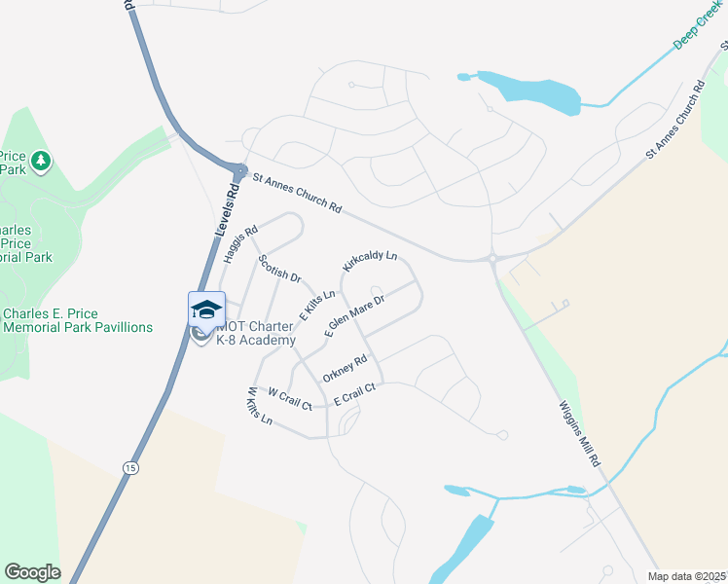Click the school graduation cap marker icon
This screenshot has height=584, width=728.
[206, 310]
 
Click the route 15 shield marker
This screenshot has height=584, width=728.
[130, 468]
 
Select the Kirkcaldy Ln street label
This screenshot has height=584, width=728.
[370, 261]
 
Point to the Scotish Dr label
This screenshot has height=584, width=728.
[280, 269]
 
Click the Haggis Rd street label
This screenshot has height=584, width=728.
[239, 244]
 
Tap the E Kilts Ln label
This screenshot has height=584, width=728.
[317, 305]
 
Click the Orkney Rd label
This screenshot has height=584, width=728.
[346, 368]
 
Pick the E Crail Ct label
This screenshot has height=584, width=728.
[354, 394]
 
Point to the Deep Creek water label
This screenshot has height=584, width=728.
[700, 31]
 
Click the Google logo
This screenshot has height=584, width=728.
[32, 572]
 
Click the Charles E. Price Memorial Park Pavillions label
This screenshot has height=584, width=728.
[78, 320]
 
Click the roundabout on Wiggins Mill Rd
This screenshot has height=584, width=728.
[492, 258]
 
